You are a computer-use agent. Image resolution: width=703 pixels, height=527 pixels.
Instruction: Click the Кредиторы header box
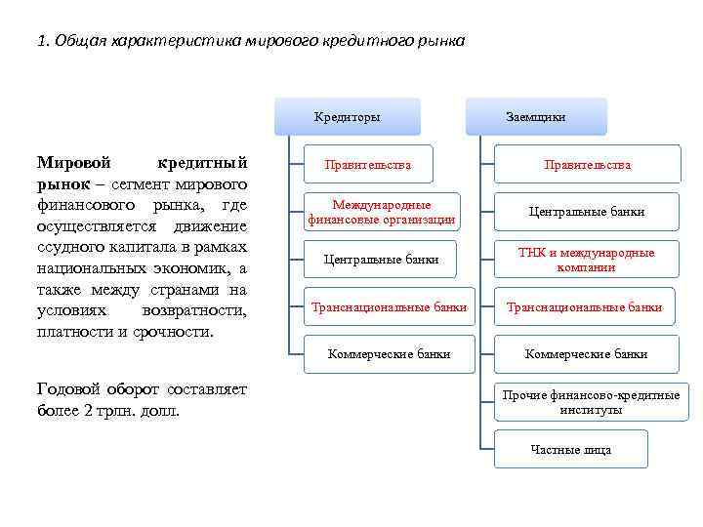(x=348, y=117)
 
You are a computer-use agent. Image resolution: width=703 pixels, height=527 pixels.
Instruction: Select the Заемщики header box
(x=535, y=117)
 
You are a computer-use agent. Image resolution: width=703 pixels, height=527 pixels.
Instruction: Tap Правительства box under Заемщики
(x=587, y=165)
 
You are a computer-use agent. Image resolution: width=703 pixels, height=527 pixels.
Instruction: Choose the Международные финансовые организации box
(x=381, y=212)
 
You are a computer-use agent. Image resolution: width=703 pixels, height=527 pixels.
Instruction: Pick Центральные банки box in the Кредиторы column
(x=381, y=260)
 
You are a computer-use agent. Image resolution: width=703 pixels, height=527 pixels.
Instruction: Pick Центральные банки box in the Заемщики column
(x=587, y=212)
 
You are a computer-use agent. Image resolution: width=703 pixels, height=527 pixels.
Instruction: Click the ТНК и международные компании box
(x=587, y=260)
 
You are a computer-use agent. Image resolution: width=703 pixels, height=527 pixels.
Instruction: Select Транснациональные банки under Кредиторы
(x=389, y=307)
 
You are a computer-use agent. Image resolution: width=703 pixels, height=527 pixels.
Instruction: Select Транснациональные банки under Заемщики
(x=584, y=307)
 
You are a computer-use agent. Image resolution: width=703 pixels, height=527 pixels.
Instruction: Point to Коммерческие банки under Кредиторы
(x=389, y=354)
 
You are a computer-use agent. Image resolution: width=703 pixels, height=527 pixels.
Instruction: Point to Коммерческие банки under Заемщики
(x=586, y=354)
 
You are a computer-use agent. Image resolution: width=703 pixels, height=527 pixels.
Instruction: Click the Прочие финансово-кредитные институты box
(x=590, y=402)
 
